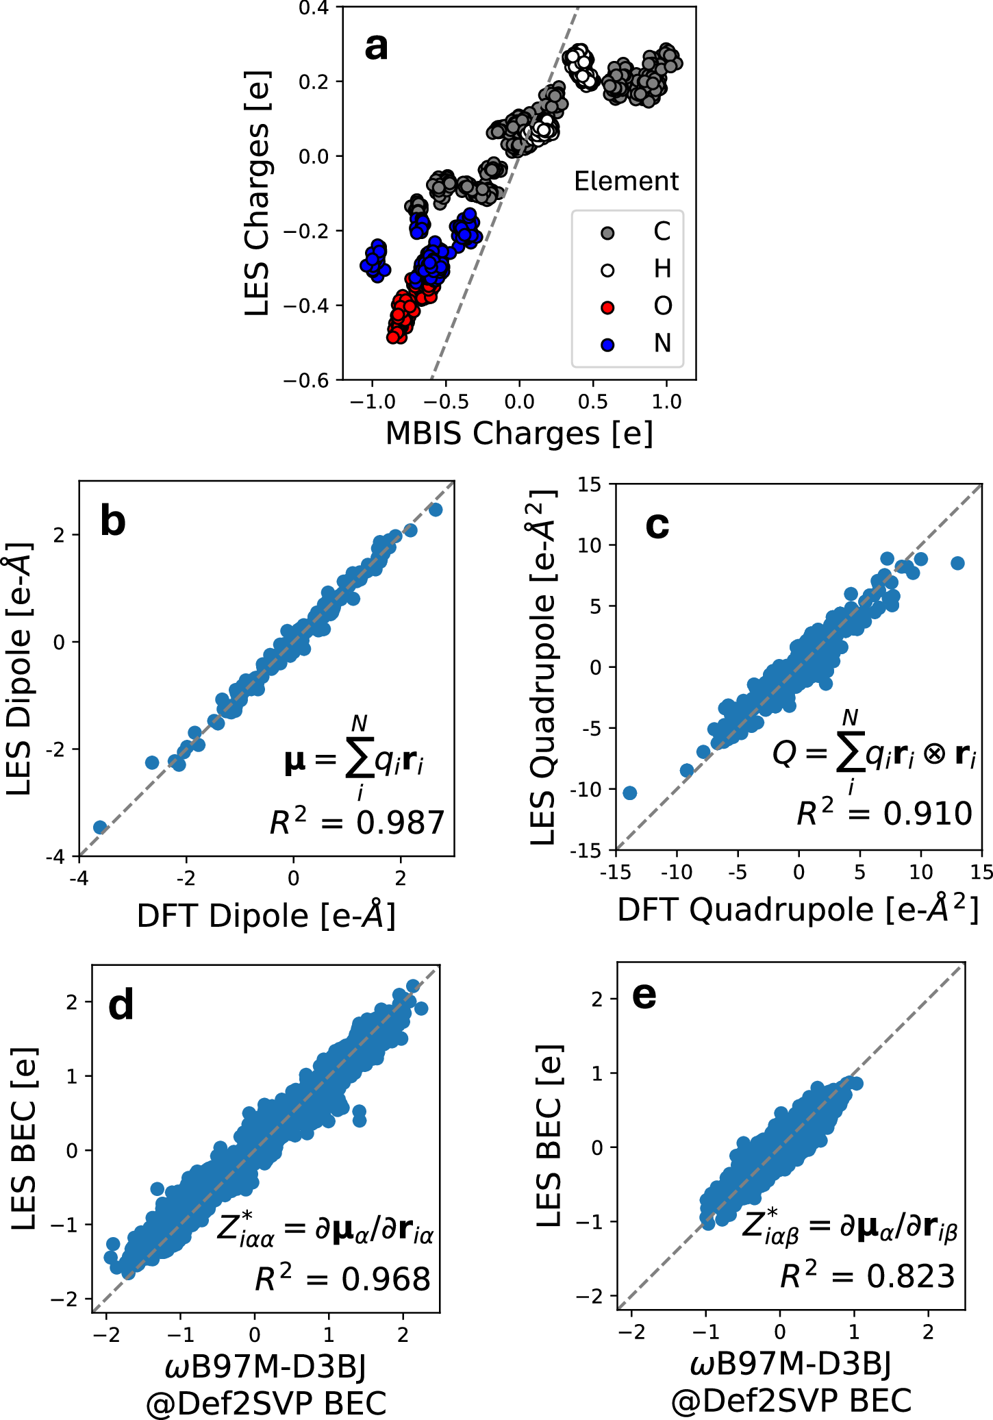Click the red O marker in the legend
[607, 307]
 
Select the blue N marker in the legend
[607, 344]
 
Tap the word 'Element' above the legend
[626, 182]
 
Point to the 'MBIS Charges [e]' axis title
[519, 434]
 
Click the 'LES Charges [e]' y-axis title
[257, 193]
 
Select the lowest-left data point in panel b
[100, 827]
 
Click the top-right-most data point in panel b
[436, 510]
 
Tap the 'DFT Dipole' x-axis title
[266, 916]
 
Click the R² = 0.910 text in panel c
[884, 813]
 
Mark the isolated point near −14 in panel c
[630, 793]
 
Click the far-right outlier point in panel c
[957, 563]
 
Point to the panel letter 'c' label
[657, 526]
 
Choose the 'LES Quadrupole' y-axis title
[543, 668]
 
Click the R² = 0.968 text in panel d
[343, 1279]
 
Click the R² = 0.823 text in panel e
[868, 1276]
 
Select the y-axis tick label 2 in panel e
[597, 999]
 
